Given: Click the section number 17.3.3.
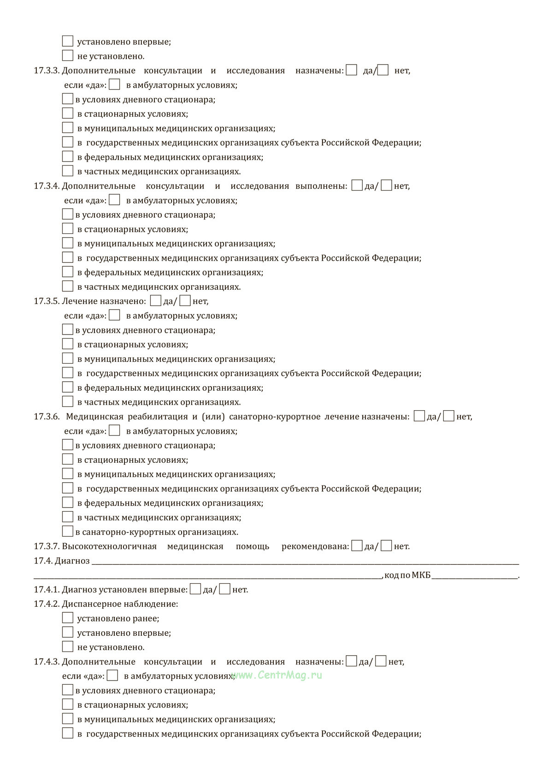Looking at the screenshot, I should point(47,71).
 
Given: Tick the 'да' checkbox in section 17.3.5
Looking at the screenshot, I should point(156,301).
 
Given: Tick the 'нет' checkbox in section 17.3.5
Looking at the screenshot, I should point(185,301).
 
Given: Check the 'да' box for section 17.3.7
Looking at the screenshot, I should point(357,546).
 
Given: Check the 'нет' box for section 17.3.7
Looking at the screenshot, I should point(387,546).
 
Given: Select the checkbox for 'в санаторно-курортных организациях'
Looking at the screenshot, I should point(68,532).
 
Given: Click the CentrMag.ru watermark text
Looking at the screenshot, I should point(277,675).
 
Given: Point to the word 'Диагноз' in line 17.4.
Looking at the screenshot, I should point(72,561).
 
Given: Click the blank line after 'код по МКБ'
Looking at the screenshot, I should point(475,575).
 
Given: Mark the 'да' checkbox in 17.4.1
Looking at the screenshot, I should point(195,589).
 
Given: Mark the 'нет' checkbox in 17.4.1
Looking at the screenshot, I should point(225,589).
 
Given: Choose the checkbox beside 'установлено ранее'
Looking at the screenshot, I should point(68,618).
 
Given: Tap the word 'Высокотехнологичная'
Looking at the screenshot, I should point(109,546).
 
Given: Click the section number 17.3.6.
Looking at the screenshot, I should point(47,417).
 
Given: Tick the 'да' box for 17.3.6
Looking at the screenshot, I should point(419,416).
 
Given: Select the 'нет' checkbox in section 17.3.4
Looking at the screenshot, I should point(387,185).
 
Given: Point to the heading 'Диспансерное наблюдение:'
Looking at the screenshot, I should point(120,604).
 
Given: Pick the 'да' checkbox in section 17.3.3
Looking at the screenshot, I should point(351,70).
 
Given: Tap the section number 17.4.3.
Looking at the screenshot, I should point(47,662).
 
